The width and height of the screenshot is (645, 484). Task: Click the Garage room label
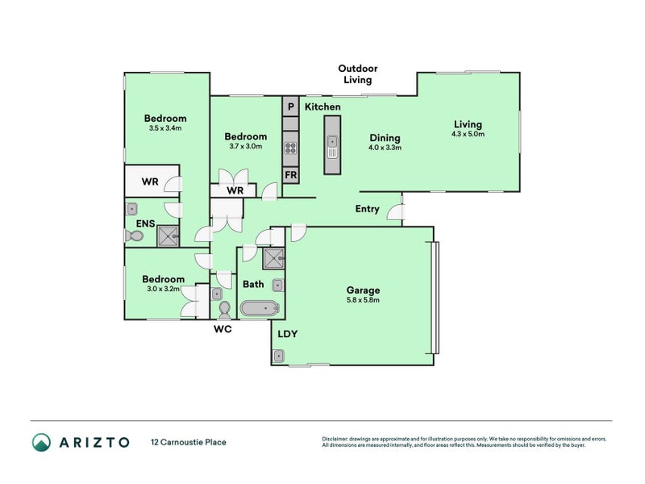364,290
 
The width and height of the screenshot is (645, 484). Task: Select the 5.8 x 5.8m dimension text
364,300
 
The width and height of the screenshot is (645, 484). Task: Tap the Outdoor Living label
357,74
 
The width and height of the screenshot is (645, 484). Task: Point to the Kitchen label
322,107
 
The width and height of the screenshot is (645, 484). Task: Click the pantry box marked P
290,106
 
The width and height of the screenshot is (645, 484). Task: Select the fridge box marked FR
290,175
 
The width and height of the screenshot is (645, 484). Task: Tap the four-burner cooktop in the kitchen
290,148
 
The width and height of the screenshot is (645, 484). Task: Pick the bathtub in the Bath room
259,308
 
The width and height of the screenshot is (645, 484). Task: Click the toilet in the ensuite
134,236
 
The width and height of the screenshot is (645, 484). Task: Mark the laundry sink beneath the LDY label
280,355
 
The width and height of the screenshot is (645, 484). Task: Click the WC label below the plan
223,330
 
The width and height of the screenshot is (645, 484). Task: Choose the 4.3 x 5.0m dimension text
468,135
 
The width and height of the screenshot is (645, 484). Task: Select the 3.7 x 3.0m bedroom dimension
245,147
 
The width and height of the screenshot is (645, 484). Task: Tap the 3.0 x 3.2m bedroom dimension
165,289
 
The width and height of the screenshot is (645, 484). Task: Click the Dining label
385,138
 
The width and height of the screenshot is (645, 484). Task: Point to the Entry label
367,209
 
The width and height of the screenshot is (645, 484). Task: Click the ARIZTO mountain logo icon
42,442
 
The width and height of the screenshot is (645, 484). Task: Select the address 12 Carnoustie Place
189,442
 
